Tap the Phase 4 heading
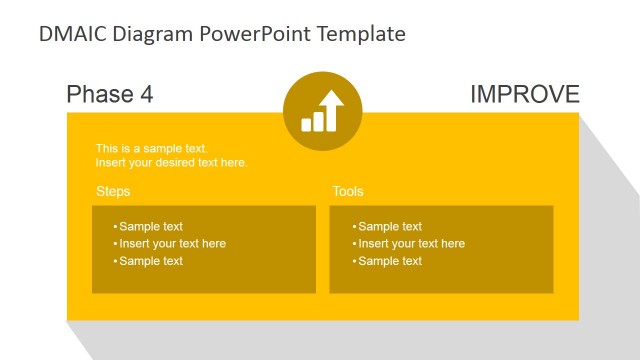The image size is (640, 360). coord(109,95)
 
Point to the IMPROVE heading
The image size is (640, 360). coord(524,95)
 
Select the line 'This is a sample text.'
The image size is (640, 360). coord(151,148)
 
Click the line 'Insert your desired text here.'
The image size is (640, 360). coord(171,162)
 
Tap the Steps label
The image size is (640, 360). coord(113,191)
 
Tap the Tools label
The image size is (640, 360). coord(348,191)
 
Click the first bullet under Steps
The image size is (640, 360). coord(150,226)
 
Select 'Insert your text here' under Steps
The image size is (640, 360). coord(172,243)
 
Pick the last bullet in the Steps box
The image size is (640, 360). coord(150,261)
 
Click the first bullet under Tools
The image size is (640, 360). coord(389,226)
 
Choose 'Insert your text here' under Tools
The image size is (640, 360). coord(411,243)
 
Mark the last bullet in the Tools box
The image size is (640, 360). coord(389,261)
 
